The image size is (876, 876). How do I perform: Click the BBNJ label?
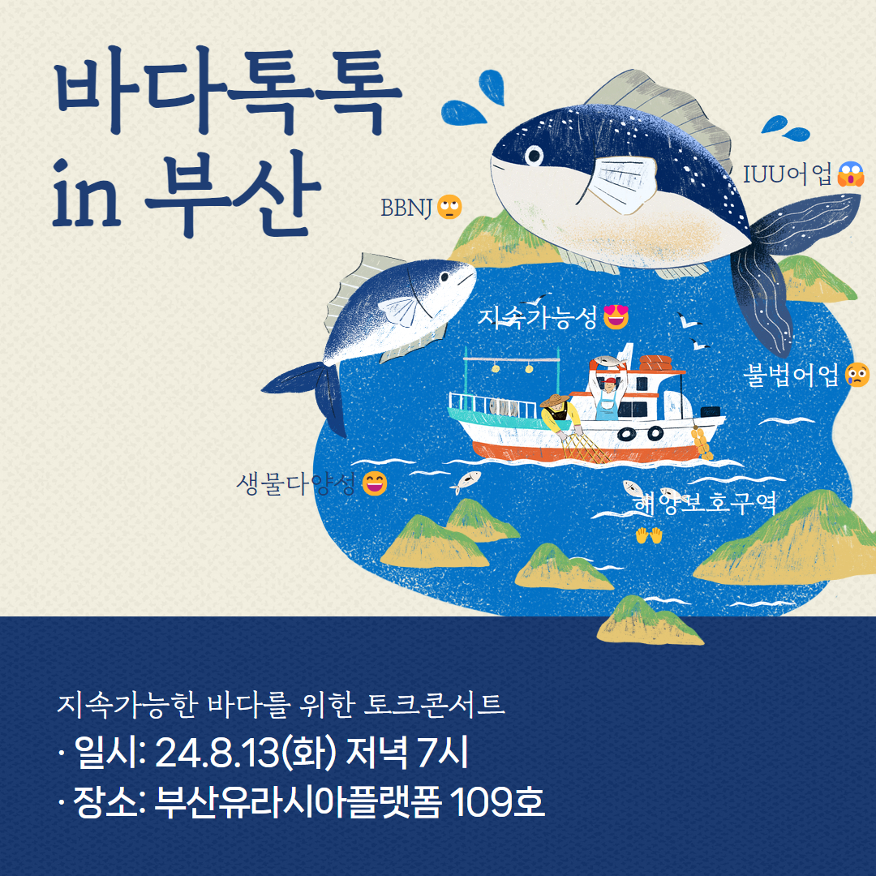tap(406, 208)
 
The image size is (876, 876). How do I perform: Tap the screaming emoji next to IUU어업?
tap(850, 174)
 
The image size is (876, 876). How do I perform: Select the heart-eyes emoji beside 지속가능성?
tap(616, 317)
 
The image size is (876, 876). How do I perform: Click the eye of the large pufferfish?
tap(534, 155)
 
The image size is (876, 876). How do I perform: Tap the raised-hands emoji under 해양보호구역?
tap(649, 535)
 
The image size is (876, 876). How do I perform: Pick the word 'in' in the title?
tap(87, 193)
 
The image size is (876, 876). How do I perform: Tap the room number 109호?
tap(496, 802)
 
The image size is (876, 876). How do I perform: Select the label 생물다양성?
tap(295, 483)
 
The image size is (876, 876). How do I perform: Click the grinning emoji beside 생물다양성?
tap(374, 483)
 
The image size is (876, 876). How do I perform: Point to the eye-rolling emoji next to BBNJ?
tap(449, 207)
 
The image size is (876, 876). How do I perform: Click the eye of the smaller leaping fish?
tap(444, 277)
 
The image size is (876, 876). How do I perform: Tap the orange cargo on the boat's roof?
tap(656, 363)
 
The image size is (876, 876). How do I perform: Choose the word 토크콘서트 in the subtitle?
tap(434, 705)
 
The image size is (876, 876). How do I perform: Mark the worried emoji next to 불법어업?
tap(857, 374)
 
